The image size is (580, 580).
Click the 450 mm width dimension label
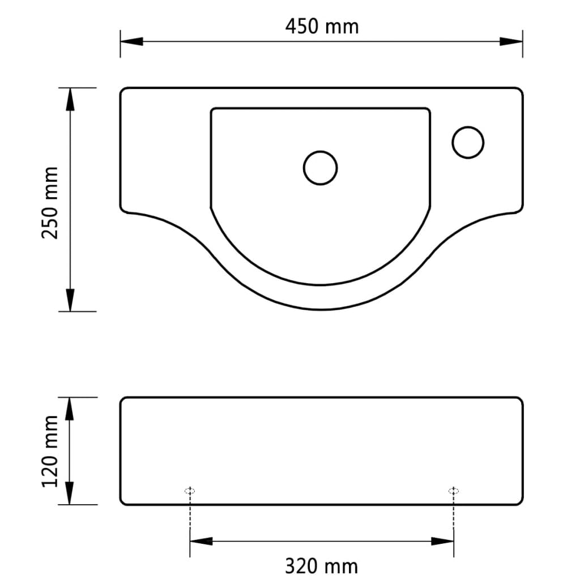tap(321, 26)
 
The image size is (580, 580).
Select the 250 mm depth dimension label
tap(51, 202)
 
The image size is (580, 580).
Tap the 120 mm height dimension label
tap(51, 450)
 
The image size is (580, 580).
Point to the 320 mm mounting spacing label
tap(321, 565)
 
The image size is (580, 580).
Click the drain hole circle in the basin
tap(321, 168)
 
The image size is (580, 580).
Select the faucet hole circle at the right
tap(468, 142)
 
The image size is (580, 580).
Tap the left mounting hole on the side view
tap(190, 491)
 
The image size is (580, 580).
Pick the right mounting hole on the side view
tap(453, 491)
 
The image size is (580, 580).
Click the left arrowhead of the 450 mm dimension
tap(131, 41)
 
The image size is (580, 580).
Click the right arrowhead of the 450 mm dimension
tap(511, 41)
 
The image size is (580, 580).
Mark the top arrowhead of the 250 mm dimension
tap(70, 99)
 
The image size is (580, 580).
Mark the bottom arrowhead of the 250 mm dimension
tap(70, 300)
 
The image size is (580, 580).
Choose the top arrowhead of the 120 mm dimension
tap(70, 408)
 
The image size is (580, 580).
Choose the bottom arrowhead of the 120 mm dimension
tap(70, 493)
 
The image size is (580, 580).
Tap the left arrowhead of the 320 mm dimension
tap(201, 541)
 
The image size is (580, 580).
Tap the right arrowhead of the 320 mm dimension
tap(442, 541)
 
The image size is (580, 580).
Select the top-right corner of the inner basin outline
tap(429, 109)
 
